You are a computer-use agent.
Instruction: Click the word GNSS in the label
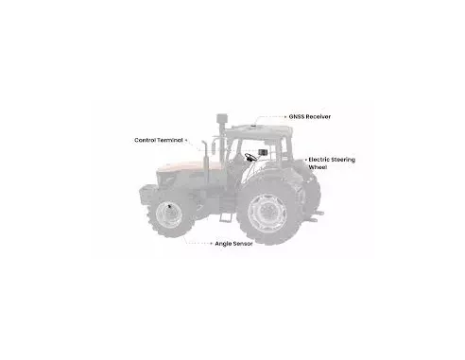click(297, 116)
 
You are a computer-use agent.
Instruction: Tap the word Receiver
click(319, 116)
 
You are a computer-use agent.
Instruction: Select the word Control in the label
click(146, 140)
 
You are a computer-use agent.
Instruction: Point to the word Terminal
click(170, 140)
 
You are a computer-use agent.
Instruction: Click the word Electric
click(319, 160)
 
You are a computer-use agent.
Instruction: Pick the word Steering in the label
click(343, 160)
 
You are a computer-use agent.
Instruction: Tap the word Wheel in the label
click(318, 167)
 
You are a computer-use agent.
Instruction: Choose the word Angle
click(223, 244)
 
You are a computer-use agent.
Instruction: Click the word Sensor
click(242, 244)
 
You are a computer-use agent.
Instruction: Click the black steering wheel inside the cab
click(250, 157)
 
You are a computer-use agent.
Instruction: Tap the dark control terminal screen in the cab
click(263, 152)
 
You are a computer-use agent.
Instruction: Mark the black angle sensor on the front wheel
click(170, 207)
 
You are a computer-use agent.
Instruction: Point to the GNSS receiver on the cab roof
click(252, 126)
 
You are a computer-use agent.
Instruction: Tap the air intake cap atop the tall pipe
click(222, 118)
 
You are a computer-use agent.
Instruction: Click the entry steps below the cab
click(225, 217)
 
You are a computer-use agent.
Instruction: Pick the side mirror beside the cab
click(214, 148)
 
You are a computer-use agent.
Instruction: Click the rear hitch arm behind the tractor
click(316, 215)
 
